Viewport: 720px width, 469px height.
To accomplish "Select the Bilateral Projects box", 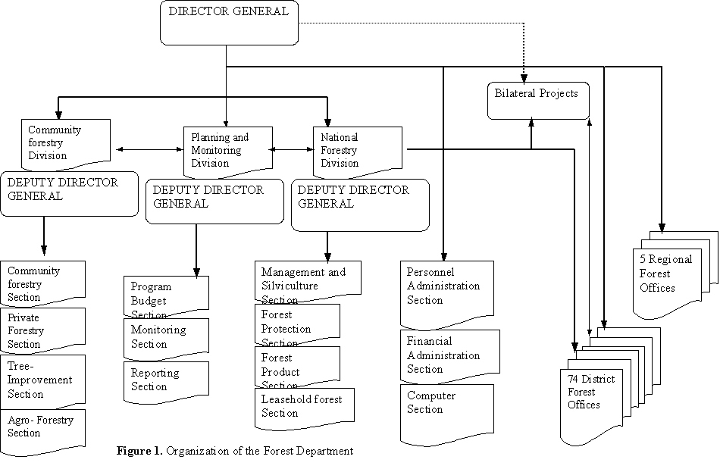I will tap(537, 101).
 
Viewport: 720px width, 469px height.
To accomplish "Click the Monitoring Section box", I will tap(165, 337).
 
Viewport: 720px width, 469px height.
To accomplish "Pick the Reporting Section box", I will tap(165, 380).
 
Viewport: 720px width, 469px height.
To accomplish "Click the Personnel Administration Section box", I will tap(446, 288).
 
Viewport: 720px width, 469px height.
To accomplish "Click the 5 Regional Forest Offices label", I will tap(665, 274).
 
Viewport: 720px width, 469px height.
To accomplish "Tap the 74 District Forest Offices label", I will tap(591, 392).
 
